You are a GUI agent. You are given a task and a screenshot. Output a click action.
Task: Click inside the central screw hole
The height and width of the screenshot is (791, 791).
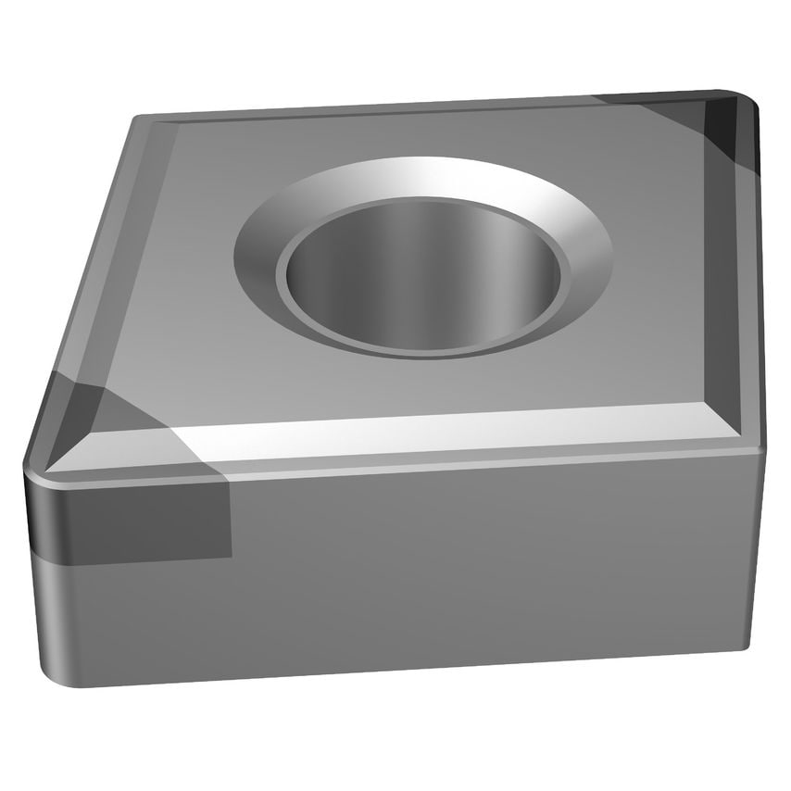[421, 282]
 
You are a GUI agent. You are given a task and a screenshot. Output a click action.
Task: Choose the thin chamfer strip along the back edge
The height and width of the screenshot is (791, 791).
[370, 114]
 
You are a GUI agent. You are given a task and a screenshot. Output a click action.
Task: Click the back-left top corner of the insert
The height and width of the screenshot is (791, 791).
[139, 120]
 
